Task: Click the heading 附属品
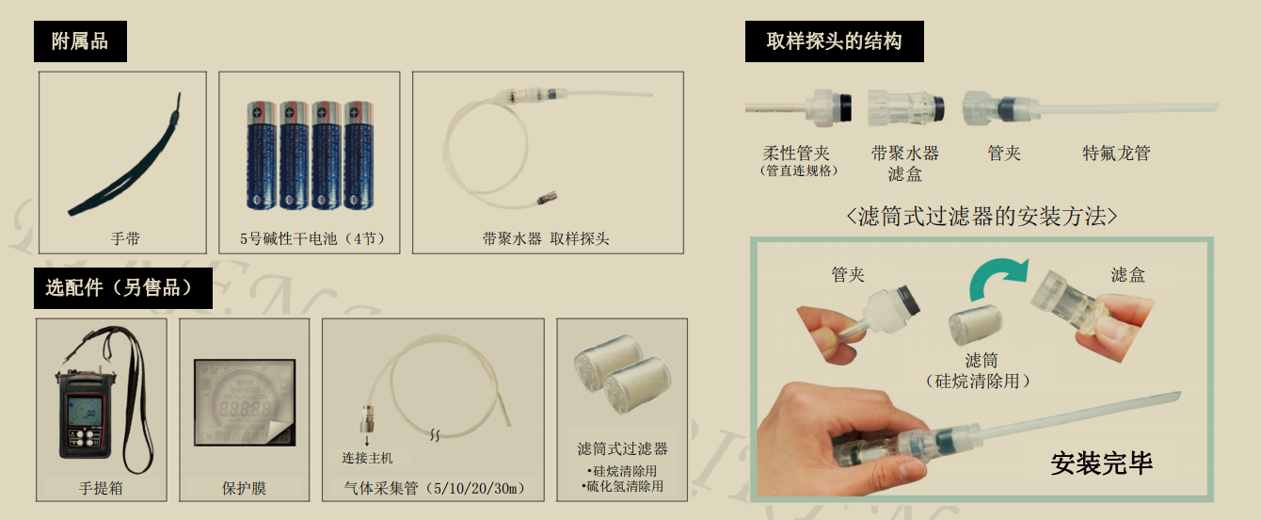pos(80,41)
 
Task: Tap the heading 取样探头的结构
pos(834,41)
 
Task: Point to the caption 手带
pos(125,239)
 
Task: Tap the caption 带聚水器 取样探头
pos(546,239)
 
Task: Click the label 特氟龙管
pos(1116,154)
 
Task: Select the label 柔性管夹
pos(796,154)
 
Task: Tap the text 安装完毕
pos(1101,463)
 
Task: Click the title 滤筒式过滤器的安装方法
pos(982,217)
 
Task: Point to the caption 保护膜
pos(244,488)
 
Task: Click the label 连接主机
pos(367,458)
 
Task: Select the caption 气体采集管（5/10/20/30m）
pos(434,488)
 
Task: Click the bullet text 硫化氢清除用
pos(622,486)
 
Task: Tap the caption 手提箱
pos(101,488)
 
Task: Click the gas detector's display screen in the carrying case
pos(85,410)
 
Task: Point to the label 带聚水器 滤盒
pos(904,163)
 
